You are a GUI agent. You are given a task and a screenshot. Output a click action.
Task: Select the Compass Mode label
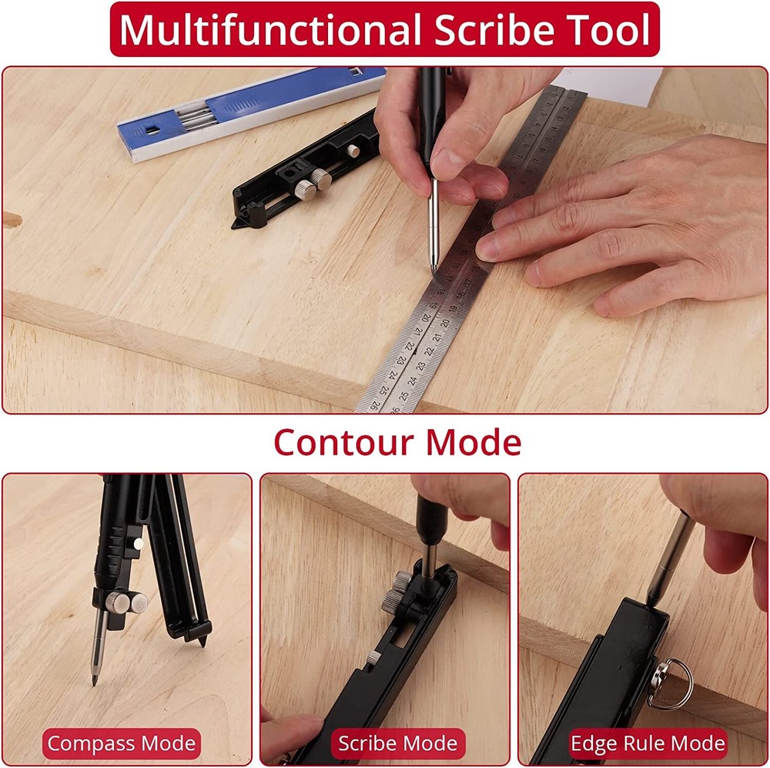point(121,744)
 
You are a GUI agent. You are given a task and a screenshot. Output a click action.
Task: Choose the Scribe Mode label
point(398,744)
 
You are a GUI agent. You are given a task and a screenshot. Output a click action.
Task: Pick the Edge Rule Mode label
point(648,744)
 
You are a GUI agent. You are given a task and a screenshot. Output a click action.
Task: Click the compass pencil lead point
point(95,680)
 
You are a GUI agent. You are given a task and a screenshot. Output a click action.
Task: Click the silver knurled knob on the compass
point(136,602)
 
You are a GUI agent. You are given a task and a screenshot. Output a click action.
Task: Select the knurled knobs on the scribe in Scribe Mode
point(397,592)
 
